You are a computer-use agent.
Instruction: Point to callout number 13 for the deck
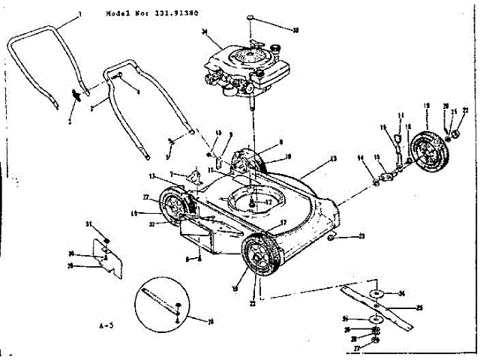[334, 159]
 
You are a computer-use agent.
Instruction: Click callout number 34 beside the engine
[205, 31]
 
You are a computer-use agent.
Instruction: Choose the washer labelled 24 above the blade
[379, 292]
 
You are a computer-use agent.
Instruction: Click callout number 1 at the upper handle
[79, 16]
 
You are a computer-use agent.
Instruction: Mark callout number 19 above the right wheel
[427, 106]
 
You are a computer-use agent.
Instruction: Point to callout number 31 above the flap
[87, 224]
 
